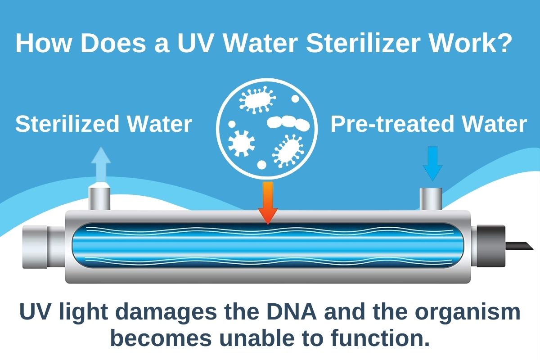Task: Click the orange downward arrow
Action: [x=268, y=203]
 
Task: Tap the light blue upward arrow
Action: [x=101, y=164]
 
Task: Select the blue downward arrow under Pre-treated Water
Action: [x=432, y=164]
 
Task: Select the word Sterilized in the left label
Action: [x=67, y=124]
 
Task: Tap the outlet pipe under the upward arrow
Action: [x=99, y=198]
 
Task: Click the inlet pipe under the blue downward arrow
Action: [x=431, y=199]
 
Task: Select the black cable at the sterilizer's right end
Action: [x=518, y=246]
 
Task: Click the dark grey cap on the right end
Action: [x=491, y=246]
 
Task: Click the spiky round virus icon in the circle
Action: [x=241, y=144]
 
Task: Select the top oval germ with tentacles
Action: [x=257, y=100]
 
